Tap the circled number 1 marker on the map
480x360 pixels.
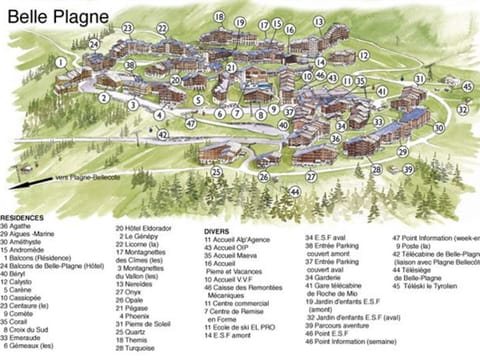pos(61,62)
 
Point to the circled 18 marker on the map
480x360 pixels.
pos(219,17)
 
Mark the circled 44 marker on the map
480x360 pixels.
pos(294,190)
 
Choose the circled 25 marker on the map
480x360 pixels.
pos(216,172)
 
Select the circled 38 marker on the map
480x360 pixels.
pos(129,64)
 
